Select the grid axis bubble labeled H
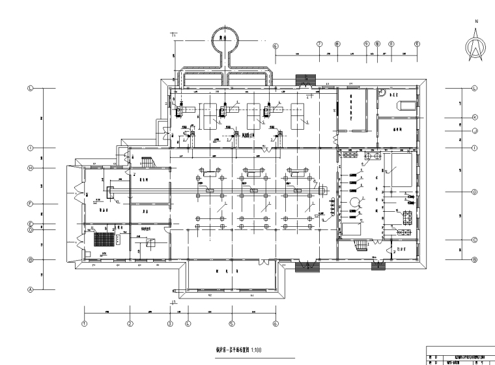30,168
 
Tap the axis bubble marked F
30,204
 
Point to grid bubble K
475,117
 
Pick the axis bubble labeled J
475,131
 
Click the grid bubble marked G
475,192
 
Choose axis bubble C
475,240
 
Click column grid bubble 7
319,44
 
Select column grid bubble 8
337,44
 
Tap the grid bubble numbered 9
367,44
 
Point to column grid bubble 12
416,44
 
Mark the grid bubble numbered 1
85,323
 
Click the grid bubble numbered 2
130,323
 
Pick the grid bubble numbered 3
169,323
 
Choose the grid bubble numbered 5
231,323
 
